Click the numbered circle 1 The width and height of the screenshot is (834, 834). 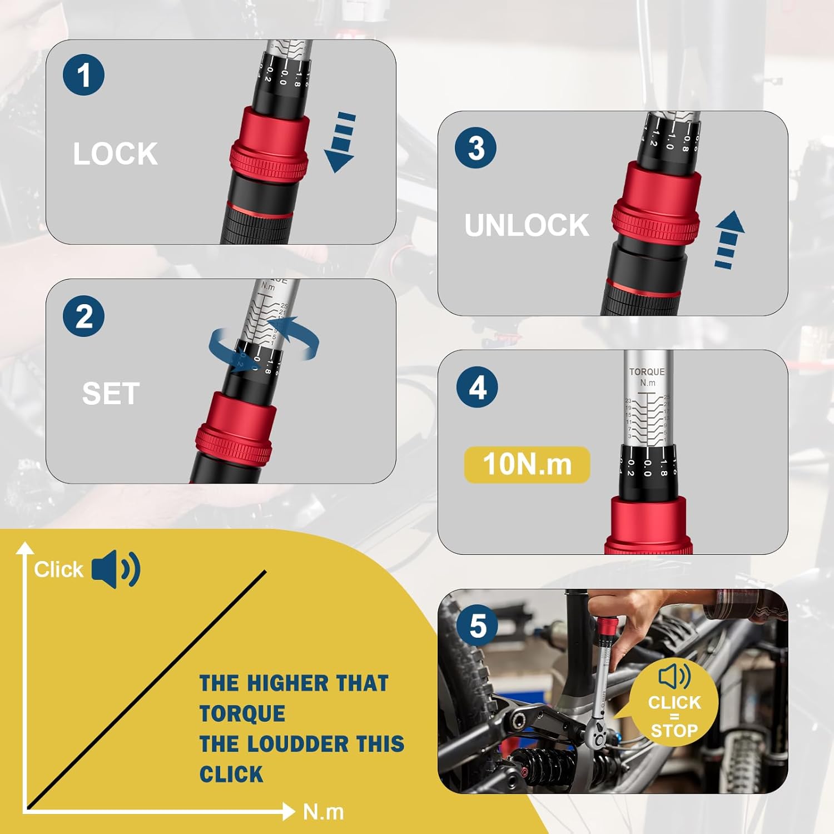(x=83, y=75)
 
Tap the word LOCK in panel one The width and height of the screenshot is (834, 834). (x=116, y=153)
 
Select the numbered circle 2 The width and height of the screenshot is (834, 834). (x=83, y=316)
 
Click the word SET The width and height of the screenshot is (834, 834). (x=111, y=394)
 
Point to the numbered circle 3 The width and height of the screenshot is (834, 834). (x=476, y=147)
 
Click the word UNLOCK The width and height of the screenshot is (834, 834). (x=527, y=225)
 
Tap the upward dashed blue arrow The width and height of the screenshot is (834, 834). (x=728, y=239)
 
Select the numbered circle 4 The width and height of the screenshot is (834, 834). (x=477, y=388)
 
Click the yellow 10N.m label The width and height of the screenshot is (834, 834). (x=527, y=464)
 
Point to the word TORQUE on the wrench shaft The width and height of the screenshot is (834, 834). (x=647, y=372)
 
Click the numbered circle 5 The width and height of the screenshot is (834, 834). (x=477, y=626)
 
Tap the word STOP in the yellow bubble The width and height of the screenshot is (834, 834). (x=674, y=731)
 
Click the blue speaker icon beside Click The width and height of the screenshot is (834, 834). (x=116, y=569)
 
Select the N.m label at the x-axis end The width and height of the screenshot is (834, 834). (x=323, y=812)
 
